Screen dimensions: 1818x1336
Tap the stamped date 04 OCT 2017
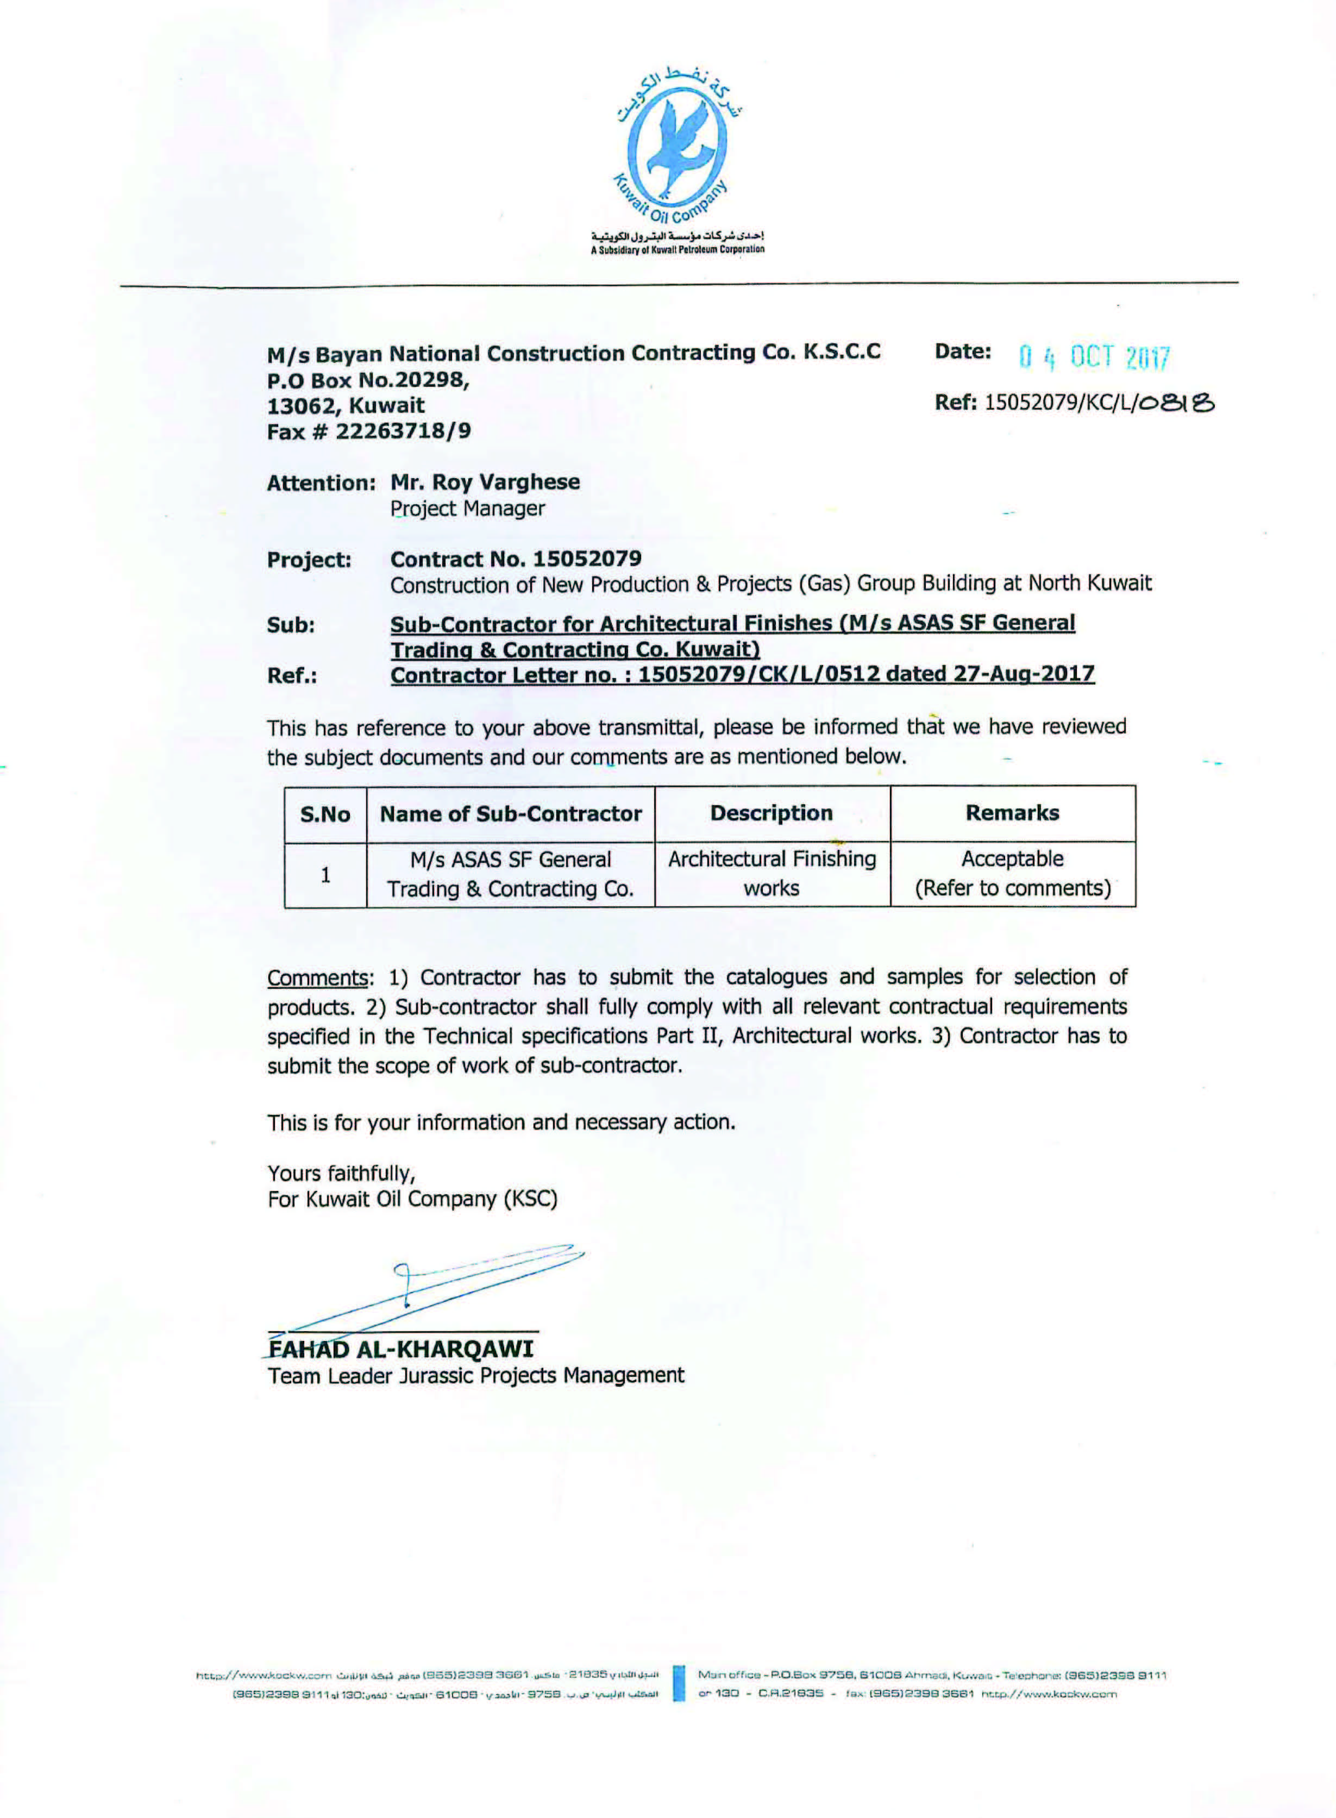pos(1093,356)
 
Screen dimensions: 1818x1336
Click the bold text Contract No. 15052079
pos(516,559)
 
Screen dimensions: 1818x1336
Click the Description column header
pos(772,813)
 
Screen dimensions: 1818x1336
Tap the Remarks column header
pos(1012,813)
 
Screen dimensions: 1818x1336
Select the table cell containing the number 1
pos(325,874)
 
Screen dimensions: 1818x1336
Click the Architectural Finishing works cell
pos(772,874)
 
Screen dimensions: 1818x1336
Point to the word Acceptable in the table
pos(1012,859)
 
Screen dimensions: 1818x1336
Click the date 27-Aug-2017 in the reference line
pos(1024,674)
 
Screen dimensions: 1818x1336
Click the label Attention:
pos(321,484)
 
